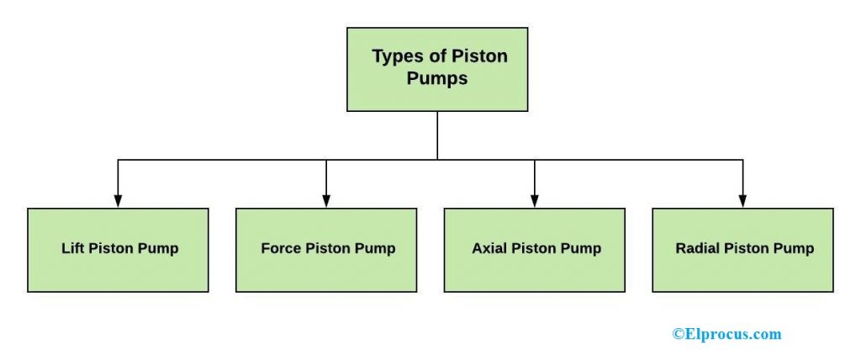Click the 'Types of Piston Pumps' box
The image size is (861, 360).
pyautogui.click(x=437, y=69)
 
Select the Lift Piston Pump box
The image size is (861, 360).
pyautogui.click(x=118, y=250)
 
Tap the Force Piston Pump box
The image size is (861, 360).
pyautogui.click(x=326, y=250)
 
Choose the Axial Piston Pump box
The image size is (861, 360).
pyautogui.click(x=535, y=250)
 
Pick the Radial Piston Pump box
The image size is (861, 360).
pyautogui.click(x=743, y=250)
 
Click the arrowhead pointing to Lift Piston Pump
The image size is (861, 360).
pyautogui.click(x=118, y=201)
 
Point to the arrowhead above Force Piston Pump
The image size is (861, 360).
pyautogui.click(x=326, y=201)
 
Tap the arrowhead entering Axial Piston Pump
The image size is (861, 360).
pyautogui.click(x=535, y=201)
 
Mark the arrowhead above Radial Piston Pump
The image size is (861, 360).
pyautogui.click(x=742, y=201)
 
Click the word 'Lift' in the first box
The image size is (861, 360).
pyautogui.click(x=72, y=249)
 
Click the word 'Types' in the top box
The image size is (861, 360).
pyautogui.click(x=397, y=57)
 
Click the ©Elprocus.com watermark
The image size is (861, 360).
pyautogui.click(x=726, y=334)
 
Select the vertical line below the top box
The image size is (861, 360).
pyautogui.click(x=437, y=135)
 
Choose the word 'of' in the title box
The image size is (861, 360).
pyautogui.click(x=436, y=57)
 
